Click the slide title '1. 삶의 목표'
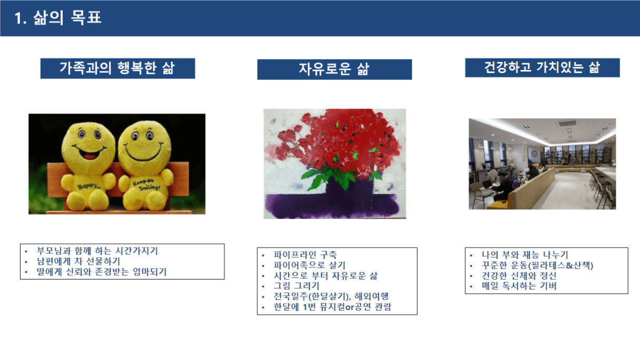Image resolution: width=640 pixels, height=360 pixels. coord(58,18)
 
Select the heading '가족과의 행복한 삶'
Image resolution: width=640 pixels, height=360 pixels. coord(117,68)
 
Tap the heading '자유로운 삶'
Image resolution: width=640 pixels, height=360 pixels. coord(334,69)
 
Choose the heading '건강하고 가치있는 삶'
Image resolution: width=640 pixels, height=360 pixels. coord(542,67)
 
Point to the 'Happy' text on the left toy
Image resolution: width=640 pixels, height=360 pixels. coord(88,186)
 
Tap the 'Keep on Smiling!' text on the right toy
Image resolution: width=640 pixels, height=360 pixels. coord(146,185)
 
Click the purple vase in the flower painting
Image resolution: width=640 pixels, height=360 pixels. coord(349,189)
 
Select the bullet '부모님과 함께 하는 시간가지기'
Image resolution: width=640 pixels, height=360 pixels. coord(97,251)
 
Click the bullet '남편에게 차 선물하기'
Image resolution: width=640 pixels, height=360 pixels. coord(78,261)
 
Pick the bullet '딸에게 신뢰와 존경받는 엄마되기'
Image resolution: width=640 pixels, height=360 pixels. coord(102,272)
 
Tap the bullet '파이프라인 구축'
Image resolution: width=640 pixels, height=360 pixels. coord(305,255)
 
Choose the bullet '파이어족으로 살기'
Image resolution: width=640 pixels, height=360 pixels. coord(309,265)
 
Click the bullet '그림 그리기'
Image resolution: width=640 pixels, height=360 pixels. coord(296,286)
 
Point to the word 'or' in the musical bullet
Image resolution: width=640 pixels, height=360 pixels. coord(349,307)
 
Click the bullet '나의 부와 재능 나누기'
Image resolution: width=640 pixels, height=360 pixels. coord(525,255)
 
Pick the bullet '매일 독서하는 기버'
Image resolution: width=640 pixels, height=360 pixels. coord(519,286)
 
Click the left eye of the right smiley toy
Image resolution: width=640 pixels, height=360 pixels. coord(135,136)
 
